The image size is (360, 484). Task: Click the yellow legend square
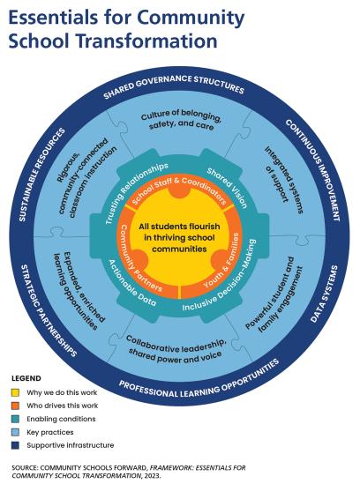(x=15, y=392)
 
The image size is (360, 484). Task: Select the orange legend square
(x=15, y=406)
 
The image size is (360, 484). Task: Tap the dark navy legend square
(x=15, y=445)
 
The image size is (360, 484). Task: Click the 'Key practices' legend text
(x=50, y=432)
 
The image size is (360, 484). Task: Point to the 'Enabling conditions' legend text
(x=61, y=419)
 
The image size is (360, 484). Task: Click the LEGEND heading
(x=26, y=378)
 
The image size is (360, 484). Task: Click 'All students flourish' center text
(x=179, y=227)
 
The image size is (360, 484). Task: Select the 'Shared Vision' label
(x=228, y=188)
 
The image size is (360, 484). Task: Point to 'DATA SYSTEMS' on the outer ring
(x=324, y=294)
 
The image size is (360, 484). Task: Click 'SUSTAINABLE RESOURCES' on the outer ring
(x=42, y=175)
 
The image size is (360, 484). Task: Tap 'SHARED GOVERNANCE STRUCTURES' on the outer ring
(x=174, y=86)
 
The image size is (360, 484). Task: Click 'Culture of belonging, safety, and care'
(x=182, y=120)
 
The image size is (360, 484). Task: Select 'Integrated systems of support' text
(x=283, y=179)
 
